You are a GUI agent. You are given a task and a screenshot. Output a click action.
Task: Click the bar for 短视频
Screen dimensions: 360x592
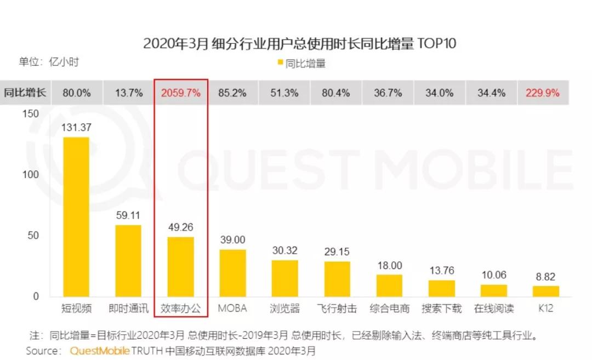click(x=76, y=216)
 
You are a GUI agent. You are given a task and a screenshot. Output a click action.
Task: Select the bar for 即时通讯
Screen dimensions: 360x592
click(x=128, y=261)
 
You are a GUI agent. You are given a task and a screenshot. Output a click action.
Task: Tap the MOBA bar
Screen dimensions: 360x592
click(x=233, y=273)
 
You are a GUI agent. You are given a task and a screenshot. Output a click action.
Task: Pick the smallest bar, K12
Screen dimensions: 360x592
click(x=546, y=291)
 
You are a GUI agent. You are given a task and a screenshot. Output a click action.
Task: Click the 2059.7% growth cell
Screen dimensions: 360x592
click(x=181, y=93)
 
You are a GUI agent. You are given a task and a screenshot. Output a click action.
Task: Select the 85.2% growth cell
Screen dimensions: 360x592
click(x=232, y=93)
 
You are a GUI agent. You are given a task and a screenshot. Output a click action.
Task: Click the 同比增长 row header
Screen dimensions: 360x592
click(x=25, y=93)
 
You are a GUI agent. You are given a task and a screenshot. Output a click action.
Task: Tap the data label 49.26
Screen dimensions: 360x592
click(x=181, y=227)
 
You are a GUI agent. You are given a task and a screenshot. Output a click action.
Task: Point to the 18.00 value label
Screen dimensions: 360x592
click(x=389, y=265)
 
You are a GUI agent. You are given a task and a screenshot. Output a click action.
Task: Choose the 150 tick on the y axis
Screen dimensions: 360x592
click(x=32, y=113)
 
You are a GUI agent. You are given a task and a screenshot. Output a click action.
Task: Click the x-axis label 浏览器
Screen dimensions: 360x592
click(x=286, y=308)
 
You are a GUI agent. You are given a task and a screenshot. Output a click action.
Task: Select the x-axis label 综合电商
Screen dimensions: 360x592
click(x=389, y=308)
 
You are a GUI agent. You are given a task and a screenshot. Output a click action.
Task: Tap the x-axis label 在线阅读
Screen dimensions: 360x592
click(x=494, y=308)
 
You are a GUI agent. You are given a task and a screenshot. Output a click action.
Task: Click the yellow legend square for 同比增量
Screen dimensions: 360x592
click(x=281, y=64)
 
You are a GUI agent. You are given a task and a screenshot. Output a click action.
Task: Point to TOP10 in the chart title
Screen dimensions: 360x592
click(x=436, y=44)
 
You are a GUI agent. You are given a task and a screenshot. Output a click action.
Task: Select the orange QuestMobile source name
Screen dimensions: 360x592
click(x=99, y=351)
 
